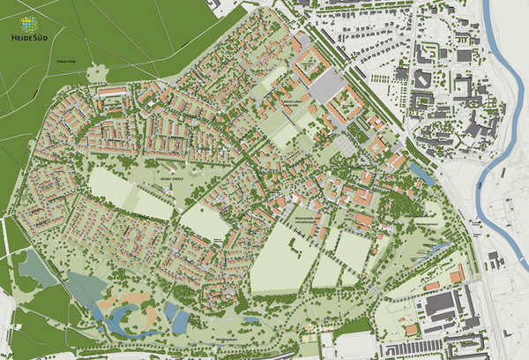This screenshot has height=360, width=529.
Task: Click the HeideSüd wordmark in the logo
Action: click(x=27, y=38)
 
